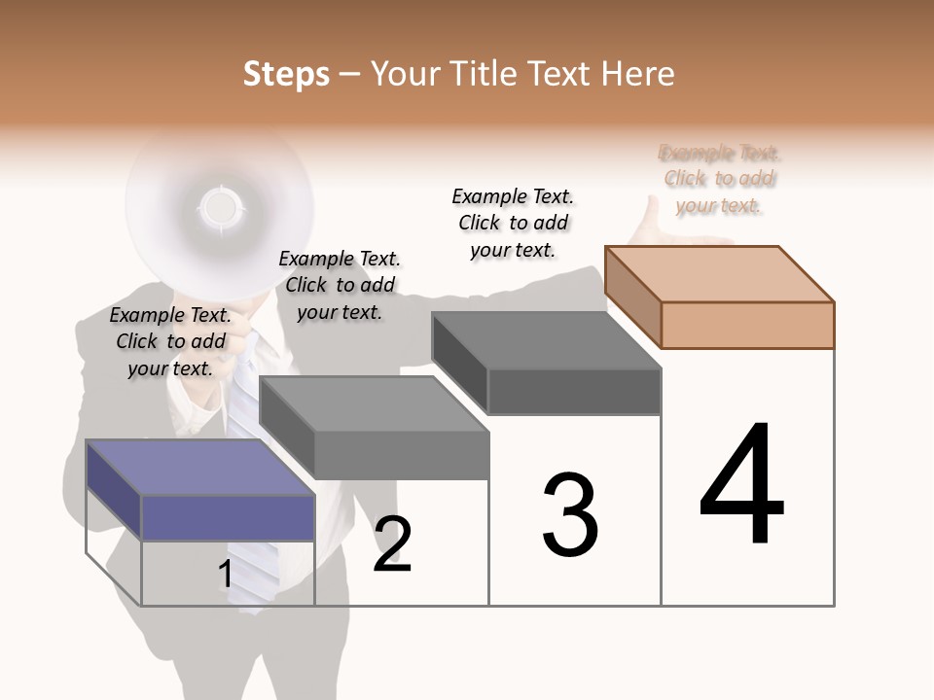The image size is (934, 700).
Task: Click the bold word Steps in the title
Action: coord(286,74)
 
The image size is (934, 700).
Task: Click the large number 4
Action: coord(741,486)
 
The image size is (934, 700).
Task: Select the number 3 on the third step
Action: coord(570,515)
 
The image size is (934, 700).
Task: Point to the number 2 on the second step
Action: coord(392,544)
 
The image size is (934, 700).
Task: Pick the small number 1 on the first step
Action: coord(225,575)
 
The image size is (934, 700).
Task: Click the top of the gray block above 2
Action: coord(375,402)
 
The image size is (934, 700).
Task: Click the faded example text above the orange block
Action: coord(720,179)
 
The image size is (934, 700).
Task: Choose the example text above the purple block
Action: coord(170,341)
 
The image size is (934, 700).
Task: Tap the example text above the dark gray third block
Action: coord(513,223)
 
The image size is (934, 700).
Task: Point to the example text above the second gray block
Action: coord(340,285)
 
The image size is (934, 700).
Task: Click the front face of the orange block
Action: coord(747,325)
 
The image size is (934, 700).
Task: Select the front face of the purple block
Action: coord(228,517)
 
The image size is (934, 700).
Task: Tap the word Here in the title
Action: coord(638,74)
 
